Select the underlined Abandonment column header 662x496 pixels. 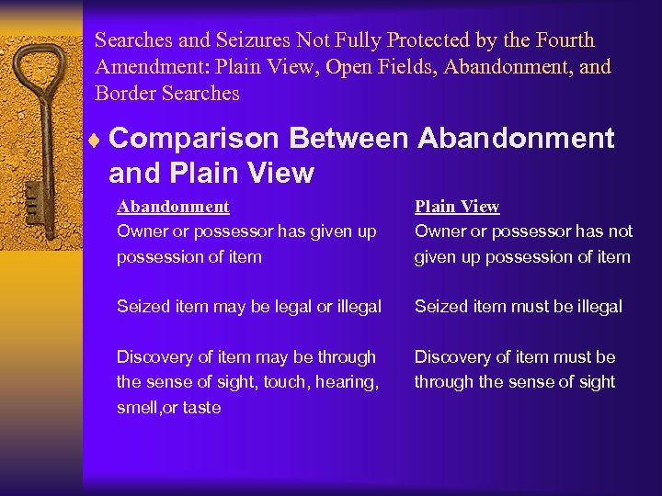pyautogui.click(x=173, y=207)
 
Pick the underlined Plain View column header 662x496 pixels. pyautogui.click(x=457, y=207)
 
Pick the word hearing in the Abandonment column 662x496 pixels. pyautogui.click(x=348, y=382)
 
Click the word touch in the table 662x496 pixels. pyautogui.click(x=284, y=382)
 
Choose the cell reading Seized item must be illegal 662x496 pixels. pyautogui.click(x=519, y=307)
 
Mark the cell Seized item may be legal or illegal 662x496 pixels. pyautogui.click(x=249, y=307)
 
